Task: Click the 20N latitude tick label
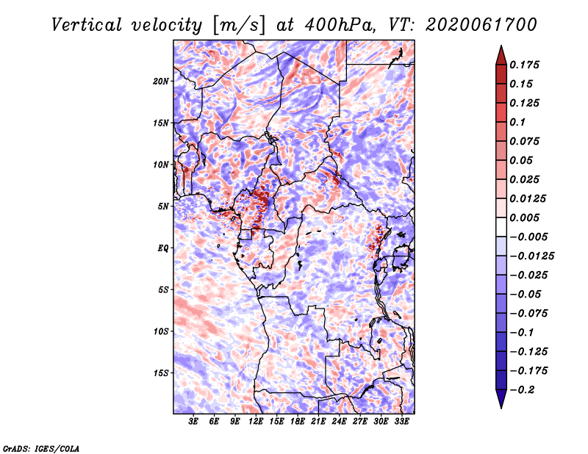(161, 82)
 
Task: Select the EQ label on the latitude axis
(163, 248)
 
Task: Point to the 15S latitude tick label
(161, 373)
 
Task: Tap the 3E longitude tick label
(193, 422)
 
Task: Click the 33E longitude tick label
(401, 422)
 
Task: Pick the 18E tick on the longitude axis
(298, 422)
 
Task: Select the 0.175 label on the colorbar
(524, 65)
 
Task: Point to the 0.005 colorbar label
(524, 217)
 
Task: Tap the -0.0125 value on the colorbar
(531, 256)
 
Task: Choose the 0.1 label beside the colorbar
(517, 122)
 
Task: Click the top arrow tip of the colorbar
(501, 46)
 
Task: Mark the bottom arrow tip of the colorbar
(501, 408)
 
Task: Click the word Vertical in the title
(87, 25)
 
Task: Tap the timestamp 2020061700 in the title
(481, 25)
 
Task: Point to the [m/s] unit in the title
(238, 26)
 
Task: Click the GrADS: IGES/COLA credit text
(41, 448)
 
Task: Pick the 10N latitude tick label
(161, 165)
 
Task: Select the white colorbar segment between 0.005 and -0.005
(501, 227)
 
